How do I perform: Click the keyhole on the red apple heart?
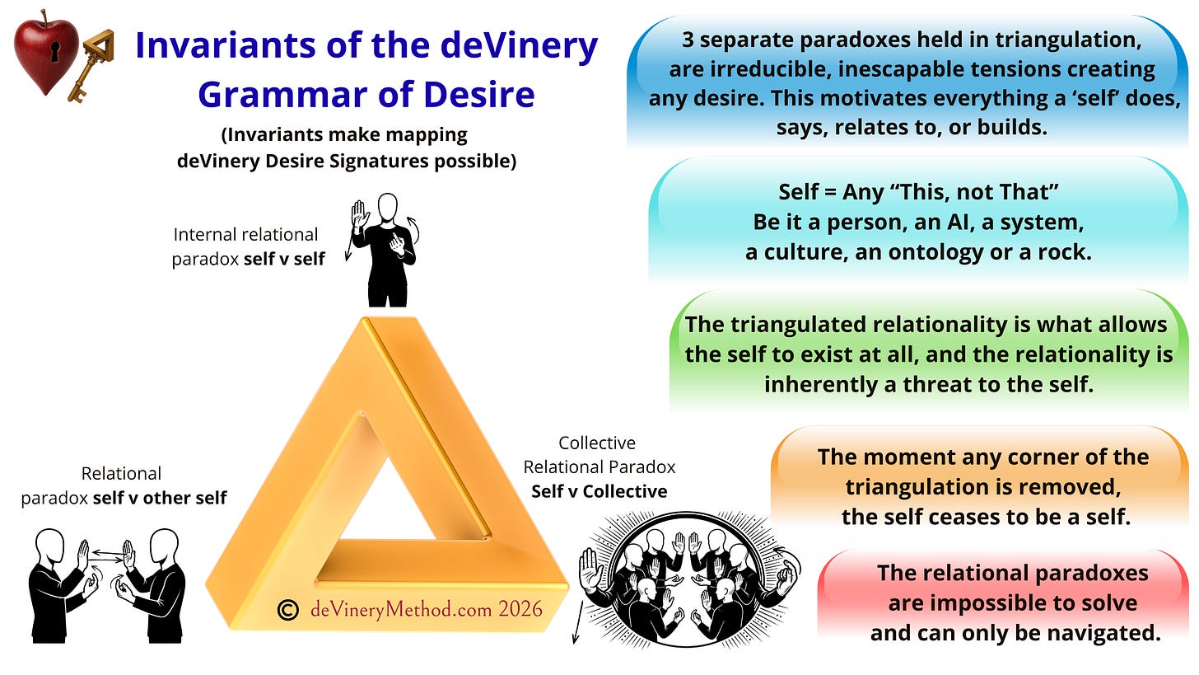[x=55, y=51]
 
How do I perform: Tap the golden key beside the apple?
[x=91, y=65]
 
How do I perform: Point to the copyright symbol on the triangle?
[x=288, y=610]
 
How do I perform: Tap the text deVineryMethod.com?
[x=401, y=610]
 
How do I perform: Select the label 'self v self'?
[x=284, y=260]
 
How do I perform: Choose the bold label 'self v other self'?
[x=160, y=498]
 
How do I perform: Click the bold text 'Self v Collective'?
[x=599, y=491]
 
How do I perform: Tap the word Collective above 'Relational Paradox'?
[x=597, y=443]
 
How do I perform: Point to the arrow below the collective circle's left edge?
[x=577, y=622]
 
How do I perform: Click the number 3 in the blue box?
[x=688, y=40]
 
